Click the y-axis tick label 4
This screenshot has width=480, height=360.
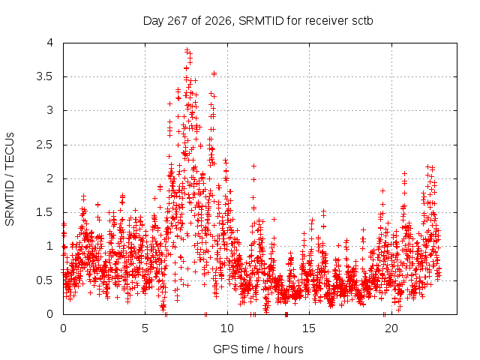[50, 43]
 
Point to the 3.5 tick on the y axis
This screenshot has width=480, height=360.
[45, 76]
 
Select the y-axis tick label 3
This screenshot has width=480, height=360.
[50, 110]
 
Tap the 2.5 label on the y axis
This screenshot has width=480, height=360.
[45, 145]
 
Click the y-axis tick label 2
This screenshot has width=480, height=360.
[50, 178]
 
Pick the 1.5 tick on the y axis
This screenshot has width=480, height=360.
[45, 212]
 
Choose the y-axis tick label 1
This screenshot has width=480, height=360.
[50, 246]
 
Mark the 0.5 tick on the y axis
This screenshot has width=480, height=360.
[45, 280]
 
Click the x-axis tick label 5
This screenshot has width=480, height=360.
[145, 328]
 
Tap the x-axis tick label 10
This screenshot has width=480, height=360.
[226, 328]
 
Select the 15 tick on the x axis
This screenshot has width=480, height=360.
[309, 328]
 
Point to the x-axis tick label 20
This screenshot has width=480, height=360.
[391, 328]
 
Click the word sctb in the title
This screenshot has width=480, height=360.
[362, 20]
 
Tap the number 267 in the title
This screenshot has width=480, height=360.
[178, 20]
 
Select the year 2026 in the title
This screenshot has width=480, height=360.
[218, 21]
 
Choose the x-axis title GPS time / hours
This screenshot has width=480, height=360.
[258, 349]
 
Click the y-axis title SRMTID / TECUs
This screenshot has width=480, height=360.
[10, 179]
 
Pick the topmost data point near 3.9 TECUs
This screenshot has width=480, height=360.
[187, 50]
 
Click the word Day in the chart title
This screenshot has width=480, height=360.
[153, 21]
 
